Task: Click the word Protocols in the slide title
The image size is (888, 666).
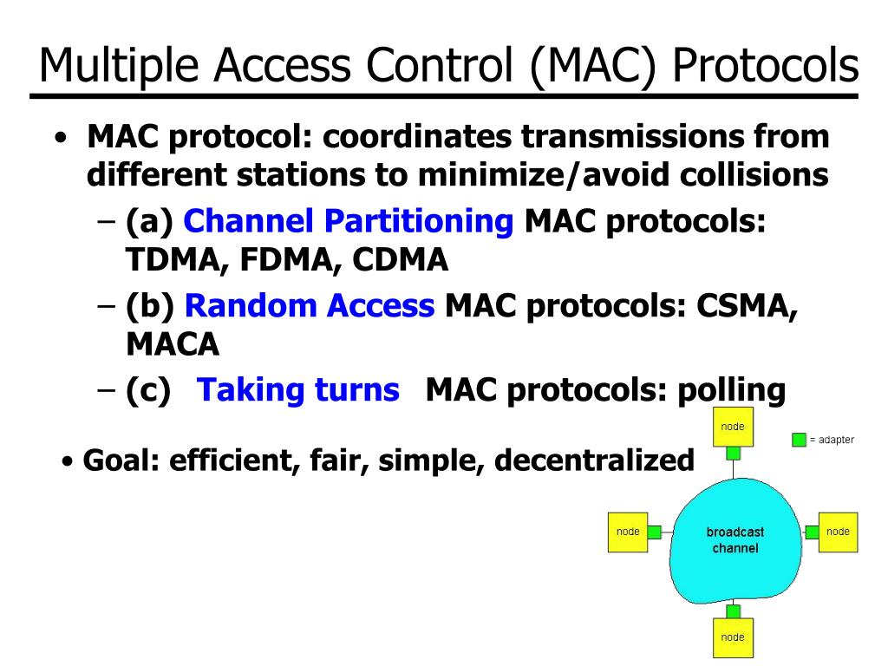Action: coord(767,65)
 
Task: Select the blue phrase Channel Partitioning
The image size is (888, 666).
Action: coord(349,222)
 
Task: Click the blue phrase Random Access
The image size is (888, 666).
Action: coord(310,305)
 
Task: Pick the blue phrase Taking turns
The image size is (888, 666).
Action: coord(299,390)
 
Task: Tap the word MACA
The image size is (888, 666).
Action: coord(173,344)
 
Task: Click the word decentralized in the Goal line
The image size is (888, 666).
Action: coord(595,460)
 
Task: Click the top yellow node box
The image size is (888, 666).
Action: coord(733,430)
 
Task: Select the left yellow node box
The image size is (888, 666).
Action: coord(628,532)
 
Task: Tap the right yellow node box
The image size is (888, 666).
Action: coord(838,532)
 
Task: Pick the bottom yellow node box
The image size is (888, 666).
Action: coord(733,637)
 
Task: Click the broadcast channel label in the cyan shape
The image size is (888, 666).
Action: coord(735,539)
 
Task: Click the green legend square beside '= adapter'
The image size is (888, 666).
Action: coord(799,440)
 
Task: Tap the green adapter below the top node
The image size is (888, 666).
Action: coord(733,454)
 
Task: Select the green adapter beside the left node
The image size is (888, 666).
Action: coord(655,532)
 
